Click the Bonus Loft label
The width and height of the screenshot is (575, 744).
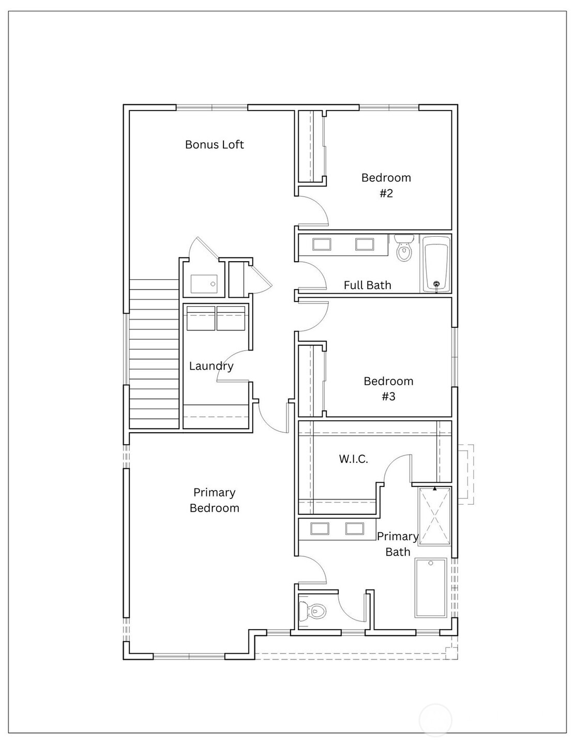[x=214, y=145]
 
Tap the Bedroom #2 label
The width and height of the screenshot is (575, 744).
[x=386, y=185]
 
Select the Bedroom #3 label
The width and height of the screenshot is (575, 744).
[x=388, y=388]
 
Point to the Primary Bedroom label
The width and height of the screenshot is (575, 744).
[x=214, y=500]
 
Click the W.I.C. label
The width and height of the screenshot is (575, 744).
[x=354, y=459]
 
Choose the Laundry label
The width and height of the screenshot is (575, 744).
[x=211, y=366]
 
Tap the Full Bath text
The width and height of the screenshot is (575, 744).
[x=367, y=285]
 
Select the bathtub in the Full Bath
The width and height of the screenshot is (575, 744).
[x=436, y=264]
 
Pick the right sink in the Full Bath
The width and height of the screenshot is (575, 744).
[x=365, y=244]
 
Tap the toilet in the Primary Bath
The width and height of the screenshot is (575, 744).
[x=313, y=612]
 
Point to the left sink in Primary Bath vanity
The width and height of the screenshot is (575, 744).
[x=319, y=528]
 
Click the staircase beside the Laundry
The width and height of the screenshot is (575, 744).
[x=154, y=354]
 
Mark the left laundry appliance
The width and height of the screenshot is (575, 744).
[x=201, y=318]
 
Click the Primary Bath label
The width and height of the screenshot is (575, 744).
[x=398, y=544]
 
